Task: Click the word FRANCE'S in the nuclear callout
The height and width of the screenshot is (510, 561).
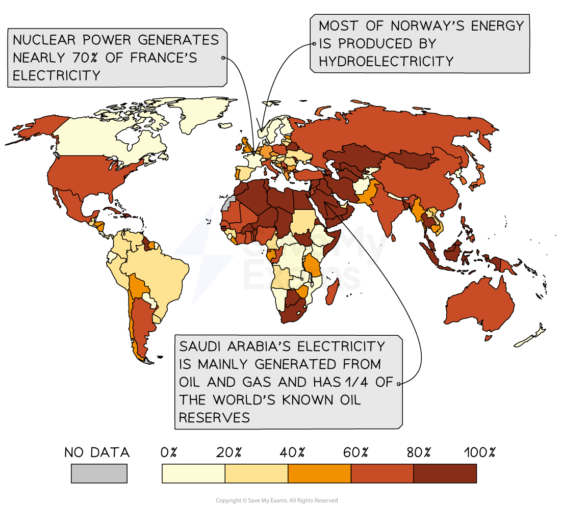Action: pos(163,58)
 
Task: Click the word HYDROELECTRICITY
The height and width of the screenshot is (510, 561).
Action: pos(386,62)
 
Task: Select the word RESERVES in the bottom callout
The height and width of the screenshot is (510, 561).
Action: pos(214,418)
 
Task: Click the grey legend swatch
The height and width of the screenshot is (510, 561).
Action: pos(99,473)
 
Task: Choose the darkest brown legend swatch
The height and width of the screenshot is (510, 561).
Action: pos(445,473)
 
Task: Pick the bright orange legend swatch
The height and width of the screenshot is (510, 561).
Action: pos(319,473)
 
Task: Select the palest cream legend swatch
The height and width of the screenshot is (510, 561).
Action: pos(193,473)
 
